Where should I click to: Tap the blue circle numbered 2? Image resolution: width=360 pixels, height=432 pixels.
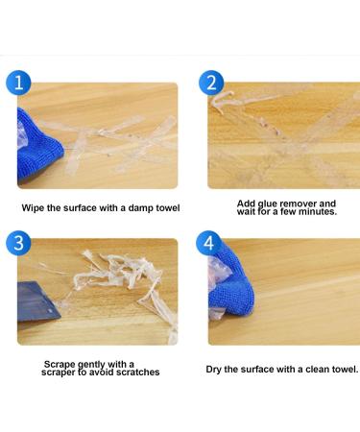pos(211,83)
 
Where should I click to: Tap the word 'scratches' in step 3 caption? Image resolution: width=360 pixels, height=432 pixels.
pos(135,372)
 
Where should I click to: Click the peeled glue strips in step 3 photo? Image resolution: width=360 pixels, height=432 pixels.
pos(120,278)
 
